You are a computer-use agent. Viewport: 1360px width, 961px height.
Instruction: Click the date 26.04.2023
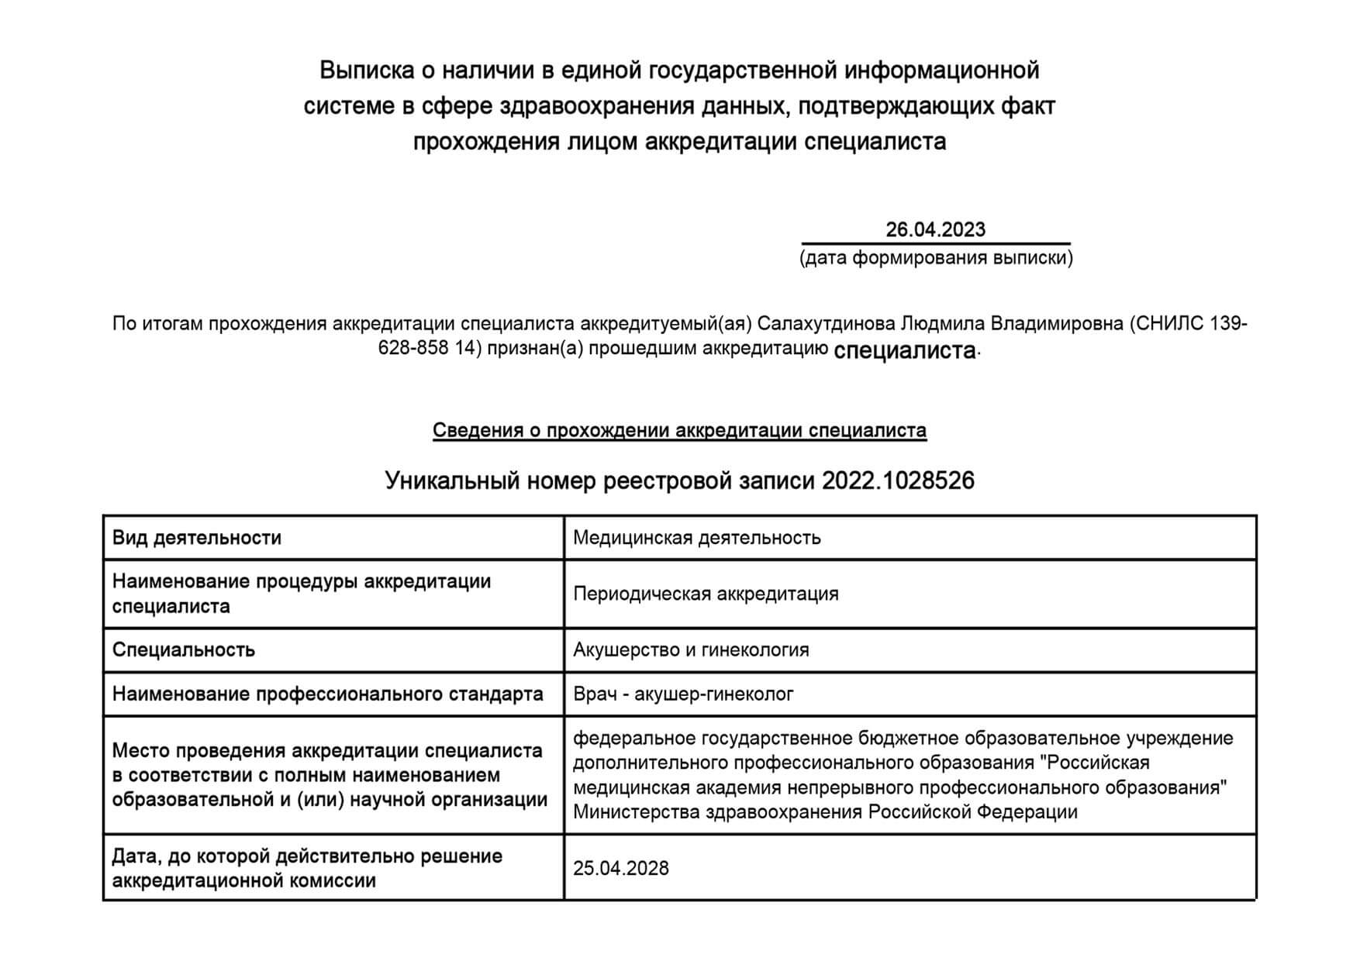click(x=935, y=229)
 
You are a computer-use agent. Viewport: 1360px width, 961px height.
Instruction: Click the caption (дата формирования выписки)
click(x=936, y=258)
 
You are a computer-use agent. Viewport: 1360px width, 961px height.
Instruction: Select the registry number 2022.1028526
click(x=898, y=481)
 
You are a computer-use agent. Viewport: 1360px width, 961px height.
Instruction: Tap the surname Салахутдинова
click(x=826, y=323)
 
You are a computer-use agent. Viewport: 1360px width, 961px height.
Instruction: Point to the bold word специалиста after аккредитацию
click(x=904, y=351)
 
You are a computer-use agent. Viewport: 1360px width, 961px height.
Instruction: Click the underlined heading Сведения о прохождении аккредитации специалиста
click(x=679, y=431)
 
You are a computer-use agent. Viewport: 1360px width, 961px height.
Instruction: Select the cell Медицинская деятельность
click(x=696, y=538)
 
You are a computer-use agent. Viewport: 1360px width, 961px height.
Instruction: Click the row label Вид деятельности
click(x=197, y=538)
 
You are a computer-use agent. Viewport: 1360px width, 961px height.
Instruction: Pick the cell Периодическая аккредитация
click(x=706, y=594)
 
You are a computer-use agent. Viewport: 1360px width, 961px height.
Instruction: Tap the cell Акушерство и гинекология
click(x=691, y=649)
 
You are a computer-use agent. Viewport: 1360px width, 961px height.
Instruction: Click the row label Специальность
click(x=184, y=649)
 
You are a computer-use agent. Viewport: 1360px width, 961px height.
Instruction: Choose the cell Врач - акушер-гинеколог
click(x=683, y=694)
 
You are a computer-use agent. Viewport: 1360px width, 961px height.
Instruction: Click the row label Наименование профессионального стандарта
click(x=327, y=694)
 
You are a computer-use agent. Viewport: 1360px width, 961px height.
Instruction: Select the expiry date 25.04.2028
click(x=621, y=868)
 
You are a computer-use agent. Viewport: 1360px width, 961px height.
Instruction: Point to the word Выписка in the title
click(x=365, y=71)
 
